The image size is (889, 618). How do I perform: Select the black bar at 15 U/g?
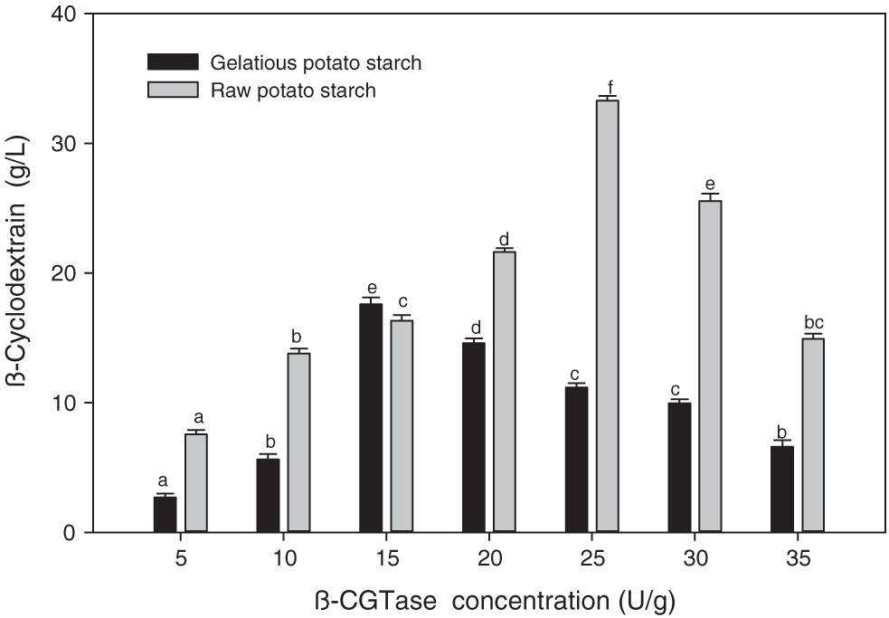pos(371,417)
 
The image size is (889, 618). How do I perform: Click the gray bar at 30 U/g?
pos(710,366)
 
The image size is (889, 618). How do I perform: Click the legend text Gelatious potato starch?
pos(316,63)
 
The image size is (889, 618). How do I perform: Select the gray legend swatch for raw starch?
pos(172,90)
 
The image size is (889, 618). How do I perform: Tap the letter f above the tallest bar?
pos(610,86)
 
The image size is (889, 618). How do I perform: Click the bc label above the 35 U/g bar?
pos(814,323)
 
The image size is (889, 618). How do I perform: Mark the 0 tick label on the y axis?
pos(77,532)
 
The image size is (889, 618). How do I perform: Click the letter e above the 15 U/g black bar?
pos(371,289)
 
